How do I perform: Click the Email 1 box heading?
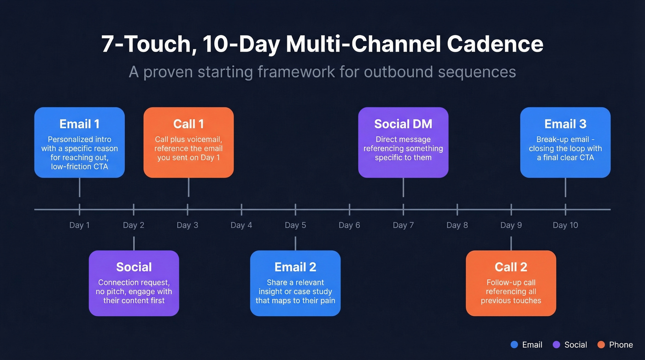click(79, 124)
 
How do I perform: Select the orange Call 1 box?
click(188, 142)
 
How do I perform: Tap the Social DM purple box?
click(403, 142)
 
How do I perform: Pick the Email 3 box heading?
click(565, 124)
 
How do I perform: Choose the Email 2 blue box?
click(295, 283)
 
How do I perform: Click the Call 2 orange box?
click(511, 283)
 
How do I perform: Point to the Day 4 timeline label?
click(241, 225)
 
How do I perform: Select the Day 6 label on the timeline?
click(349, 225)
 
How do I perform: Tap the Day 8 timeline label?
click(457, 225)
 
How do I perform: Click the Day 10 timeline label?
click(565, 225)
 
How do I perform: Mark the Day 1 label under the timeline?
click(79, 225)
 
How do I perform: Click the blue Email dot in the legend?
click(515, 345)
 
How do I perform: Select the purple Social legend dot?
click(556, 345)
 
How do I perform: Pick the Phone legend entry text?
click(621, 345)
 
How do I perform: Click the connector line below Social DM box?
click(403, 188)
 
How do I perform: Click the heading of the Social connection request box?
click(134, 267)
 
